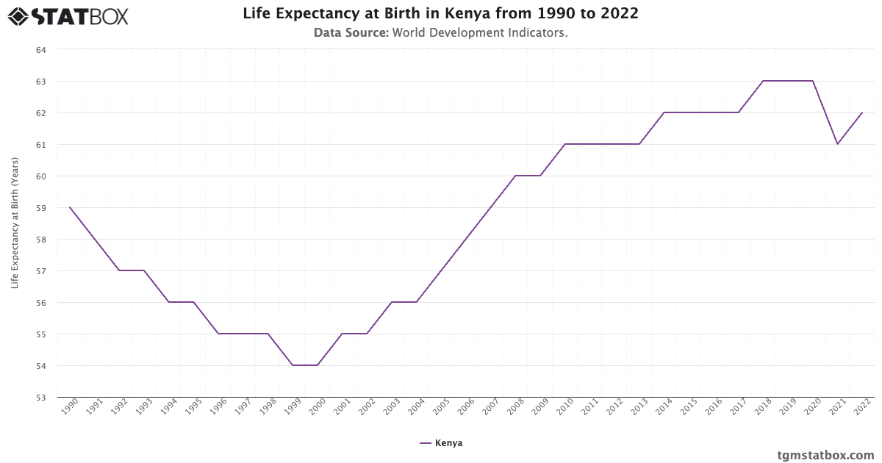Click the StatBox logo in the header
point(68,15)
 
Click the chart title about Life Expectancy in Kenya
point(440,14)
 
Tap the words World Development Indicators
point(480,33)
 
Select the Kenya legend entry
point(441,443)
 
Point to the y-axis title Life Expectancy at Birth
point(15,223)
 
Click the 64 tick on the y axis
point(40,50)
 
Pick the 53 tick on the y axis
point(40,398)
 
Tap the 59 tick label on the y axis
point(40,208)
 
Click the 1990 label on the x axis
point(69,409)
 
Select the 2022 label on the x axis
point(861,409)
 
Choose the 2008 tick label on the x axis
point(514,409)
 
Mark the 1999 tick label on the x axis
point(292,409)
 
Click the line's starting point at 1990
point(70,207)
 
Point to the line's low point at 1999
point(293,365)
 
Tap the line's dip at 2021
point(837,144)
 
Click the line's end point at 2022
point(862,112)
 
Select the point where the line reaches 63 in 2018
point(763,81)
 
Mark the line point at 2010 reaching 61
point(565,144)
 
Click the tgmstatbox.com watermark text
point(825,455)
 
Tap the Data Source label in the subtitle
point(351,33)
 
